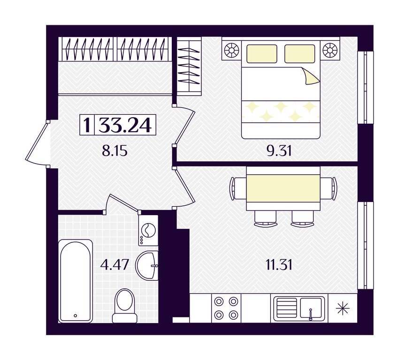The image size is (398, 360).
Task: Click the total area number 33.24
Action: pyautogui.click(x=125, y=125)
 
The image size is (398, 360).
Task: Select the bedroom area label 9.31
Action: pyautogui.click(x=279, y=151)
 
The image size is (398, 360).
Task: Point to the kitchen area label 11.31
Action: pyautogui.click(x=279, y=265)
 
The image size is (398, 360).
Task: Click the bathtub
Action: pyautogui.click(x=76, y=281)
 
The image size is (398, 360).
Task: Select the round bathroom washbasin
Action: pyautogui.click(x=147, y=266)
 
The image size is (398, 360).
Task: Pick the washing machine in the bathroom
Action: pyautogui.click(x=148, y=231)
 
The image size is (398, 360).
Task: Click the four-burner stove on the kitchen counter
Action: pyautogui.click(x=226, y=308)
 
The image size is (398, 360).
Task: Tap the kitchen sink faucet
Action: pyautogui.click(x=310, y=315)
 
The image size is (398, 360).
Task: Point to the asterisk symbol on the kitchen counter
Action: pyautogui.click(x=343, y=308)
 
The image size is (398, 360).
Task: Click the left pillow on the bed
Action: pyautogui.click(x=261, y=54)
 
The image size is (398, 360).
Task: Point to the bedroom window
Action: pyautogui.click(x=366, y=88)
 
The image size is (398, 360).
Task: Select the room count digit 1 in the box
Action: pyautogui.click(x=87, y=125)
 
